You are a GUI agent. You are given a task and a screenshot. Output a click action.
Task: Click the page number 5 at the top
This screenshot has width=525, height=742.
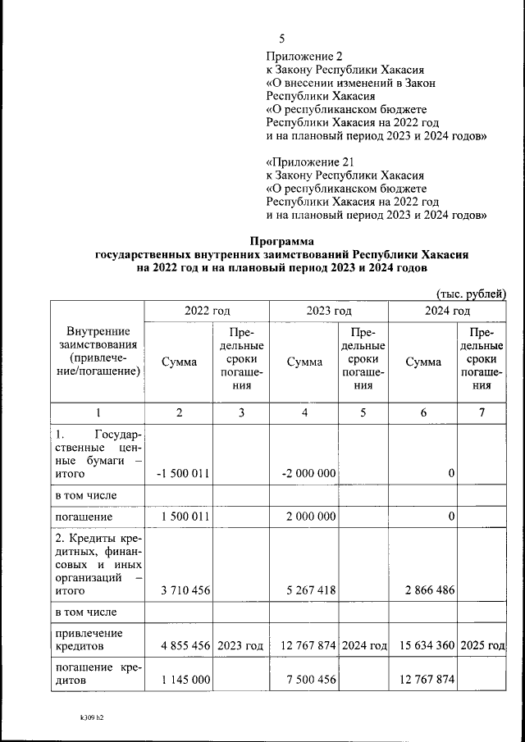pos(282,39)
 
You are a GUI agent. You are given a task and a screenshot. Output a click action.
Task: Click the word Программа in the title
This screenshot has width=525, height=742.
pos(282,241)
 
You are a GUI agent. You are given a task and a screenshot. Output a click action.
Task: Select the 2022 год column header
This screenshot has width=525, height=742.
pos(207,312)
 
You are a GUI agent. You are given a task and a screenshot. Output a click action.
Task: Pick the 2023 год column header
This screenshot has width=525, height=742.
pos(329,312)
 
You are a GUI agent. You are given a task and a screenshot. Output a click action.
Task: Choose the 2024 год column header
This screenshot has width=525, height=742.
pos(447,312)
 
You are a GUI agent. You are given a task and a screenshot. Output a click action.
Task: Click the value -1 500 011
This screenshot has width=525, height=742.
pos(182,474)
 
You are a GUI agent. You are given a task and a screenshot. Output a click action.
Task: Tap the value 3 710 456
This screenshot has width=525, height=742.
pos(186,590)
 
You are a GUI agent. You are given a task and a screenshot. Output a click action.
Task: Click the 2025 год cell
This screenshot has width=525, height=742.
pos(483,646)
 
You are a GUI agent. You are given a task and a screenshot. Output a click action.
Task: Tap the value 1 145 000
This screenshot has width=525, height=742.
pos(186,681)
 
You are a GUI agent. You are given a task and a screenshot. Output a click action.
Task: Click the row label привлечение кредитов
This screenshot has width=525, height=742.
pos(88,640)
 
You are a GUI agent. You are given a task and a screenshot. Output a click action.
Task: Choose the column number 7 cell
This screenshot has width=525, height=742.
pos(482,413)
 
